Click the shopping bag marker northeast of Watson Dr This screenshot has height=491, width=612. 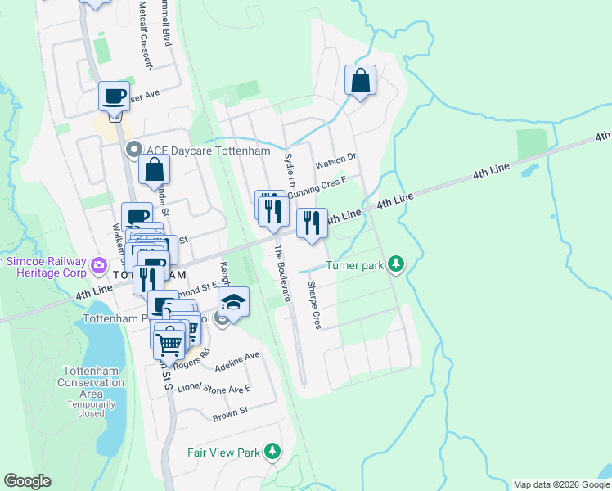coord(360,81)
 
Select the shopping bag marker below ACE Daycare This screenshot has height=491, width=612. coord(154,171)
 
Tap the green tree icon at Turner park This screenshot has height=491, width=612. coord(396,264)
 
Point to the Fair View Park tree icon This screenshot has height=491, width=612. coord(272,451)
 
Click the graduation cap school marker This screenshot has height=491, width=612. coord(234,304)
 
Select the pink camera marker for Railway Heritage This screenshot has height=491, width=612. coord(100,264)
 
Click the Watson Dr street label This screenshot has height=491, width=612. coord(341,156)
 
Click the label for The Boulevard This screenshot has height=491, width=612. coord(281,273)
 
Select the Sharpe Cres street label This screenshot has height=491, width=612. coord(313,305)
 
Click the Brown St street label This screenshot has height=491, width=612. coord(230,415)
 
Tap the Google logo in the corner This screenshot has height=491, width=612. coord(27,481)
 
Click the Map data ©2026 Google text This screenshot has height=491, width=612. coord(561,484)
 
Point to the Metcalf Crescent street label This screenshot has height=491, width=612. coord(146,33)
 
